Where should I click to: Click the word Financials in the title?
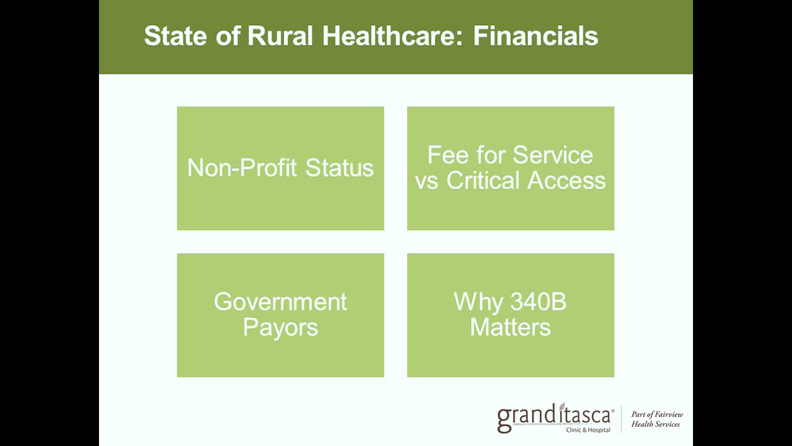pos(535,36)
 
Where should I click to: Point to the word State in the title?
pos(175,36)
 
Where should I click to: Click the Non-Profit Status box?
pos(280,168)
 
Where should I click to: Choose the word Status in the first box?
pos(339,168)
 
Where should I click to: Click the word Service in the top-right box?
pos(553,155)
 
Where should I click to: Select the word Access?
pos(567,180)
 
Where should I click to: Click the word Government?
pos(280,301)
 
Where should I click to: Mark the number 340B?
pos(538,301)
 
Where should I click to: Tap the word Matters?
pos(511,327)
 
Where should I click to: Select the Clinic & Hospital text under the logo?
pos(588,430)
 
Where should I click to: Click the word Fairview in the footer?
pos(669,414)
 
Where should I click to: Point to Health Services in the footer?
pos(655,424)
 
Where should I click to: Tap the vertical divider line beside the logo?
pos(622,419)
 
